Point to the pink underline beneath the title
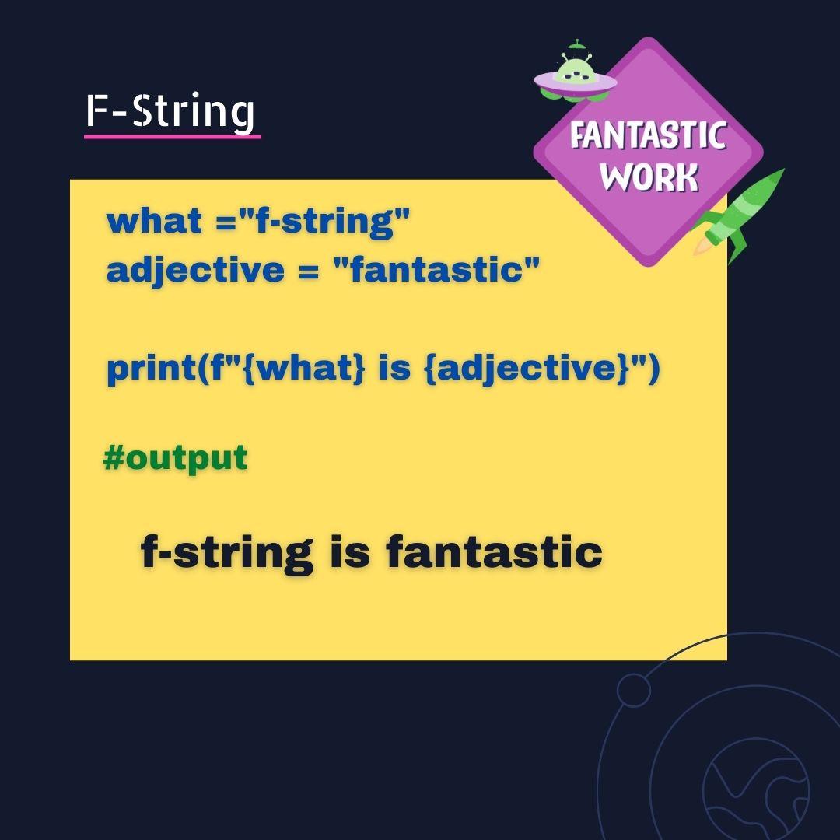[172, 137]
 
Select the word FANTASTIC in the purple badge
[648, 136]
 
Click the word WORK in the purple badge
[649, 177]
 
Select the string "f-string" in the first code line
[324, 221]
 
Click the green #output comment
[175, 457]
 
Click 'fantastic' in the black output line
[494, 553]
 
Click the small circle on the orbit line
[633, 689]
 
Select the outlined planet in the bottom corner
[754, 789]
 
